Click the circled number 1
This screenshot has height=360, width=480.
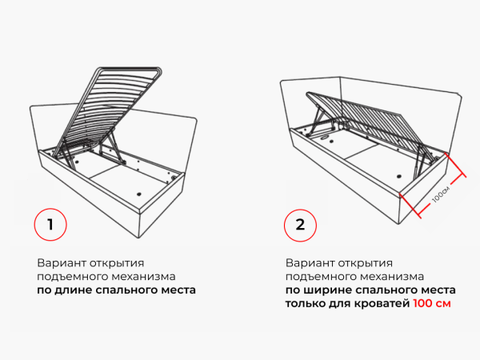click(x=50, y=224)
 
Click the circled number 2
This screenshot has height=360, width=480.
click(x=300, y=224)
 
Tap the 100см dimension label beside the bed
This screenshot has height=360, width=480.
click(x=441, y=193)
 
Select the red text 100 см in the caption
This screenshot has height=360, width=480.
click(x=433, y=304)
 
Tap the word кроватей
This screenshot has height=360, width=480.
click(x=378, y=304)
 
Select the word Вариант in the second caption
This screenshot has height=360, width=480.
click(x=308, y=262)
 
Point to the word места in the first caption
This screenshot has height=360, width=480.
click(x=176, y=290)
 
